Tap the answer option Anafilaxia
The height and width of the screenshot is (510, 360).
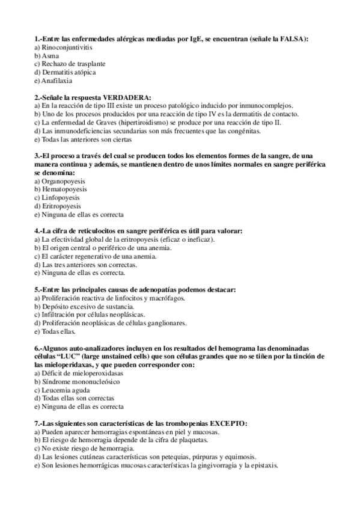56,81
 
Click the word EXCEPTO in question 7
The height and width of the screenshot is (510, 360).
228,423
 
